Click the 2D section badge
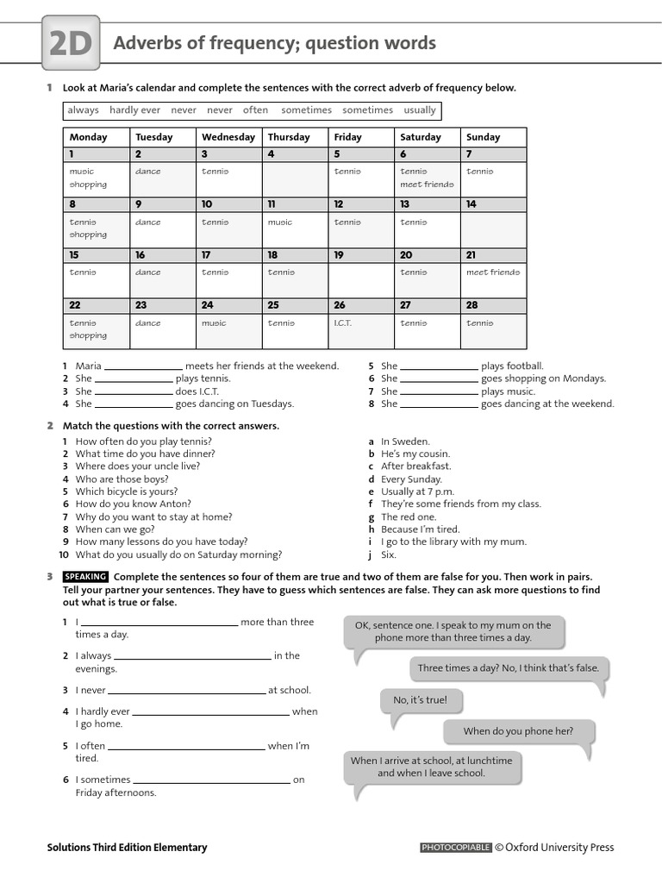(71, 45)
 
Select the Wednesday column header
(228, 137)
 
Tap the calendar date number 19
(338, 255)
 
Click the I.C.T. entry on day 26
(342, 323)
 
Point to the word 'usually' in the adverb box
(420, 110)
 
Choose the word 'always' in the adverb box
(84, 110)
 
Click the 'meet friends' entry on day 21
(492, 272)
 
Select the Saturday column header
(420, 137)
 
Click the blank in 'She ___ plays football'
(439, 366)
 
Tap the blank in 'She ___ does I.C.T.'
(134, 391)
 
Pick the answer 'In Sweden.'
(405, 441)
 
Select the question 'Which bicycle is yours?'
(126, 492)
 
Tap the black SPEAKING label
(85, 577)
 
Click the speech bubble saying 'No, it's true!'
(420, 700)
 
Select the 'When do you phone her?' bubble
(517, 731)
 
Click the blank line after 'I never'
(186, 691)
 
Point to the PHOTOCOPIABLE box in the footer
(455, 848)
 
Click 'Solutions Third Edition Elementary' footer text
(127, 848)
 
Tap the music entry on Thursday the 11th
(279, 222)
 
